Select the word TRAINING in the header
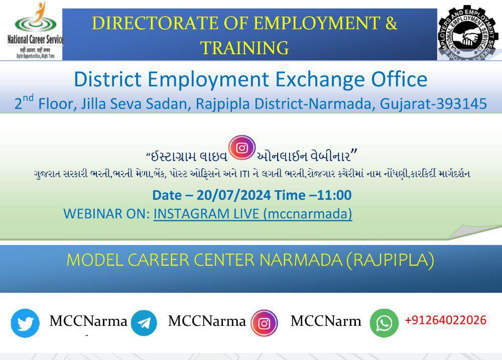point(244,48)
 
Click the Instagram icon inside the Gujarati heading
point(242,148)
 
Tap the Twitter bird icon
point(25,323)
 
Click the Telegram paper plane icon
point(144,323)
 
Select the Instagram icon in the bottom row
point(264,323)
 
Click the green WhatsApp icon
point(384,323)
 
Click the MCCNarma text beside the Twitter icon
point(88,322)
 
